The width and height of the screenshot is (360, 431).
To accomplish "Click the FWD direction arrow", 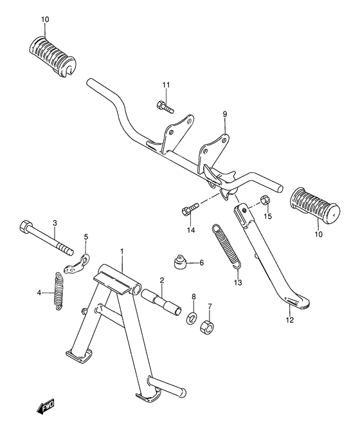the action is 46,406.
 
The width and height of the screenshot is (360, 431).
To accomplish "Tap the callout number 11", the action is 166,85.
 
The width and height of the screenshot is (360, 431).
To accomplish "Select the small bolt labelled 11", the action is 165,107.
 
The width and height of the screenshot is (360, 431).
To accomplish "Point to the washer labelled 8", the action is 192,318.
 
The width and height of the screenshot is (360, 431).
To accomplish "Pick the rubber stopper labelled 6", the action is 179,262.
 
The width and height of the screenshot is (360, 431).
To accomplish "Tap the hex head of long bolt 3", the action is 26,226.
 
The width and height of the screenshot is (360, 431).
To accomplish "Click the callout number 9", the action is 225,114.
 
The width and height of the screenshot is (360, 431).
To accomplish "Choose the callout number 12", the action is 290,320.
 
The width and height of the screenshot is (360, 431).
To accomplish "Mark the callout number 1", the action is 122,252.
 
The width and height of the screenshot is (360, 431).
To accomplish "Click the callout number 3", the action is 55,223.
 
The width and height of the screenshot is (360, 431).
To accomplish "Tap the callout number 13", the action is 238,282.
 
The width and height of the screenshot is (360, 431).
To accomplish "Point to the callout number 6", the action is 202,262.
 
